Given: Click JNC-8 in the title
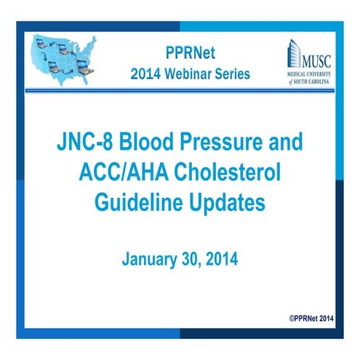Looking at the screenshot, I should point(85,142).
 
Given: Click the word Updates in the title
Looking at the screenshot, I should point(222,203).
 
